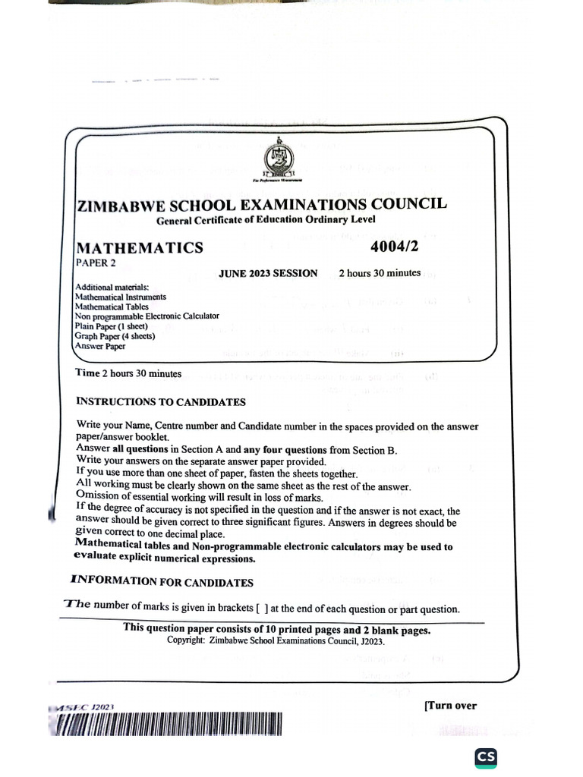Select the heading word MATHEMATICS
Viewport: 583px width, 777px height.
click(139, 247)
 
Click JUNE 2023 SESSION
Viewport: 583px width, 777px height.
click(268, 273)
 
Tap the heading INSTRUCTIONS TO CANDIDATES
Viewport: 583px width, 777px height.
click(161, 401)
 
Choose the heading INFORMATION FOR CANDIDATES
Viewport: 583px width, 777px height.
click(162, 583)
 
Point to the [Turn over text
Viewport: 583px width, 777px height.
click(450, 706)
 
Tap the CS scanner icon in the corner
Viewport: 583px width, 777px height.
click(487, 758)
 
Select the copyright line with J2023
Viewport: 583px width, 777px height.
click(276, 641)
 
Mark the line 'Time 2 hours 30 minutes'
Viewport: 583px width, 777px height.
click(128, 373)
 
